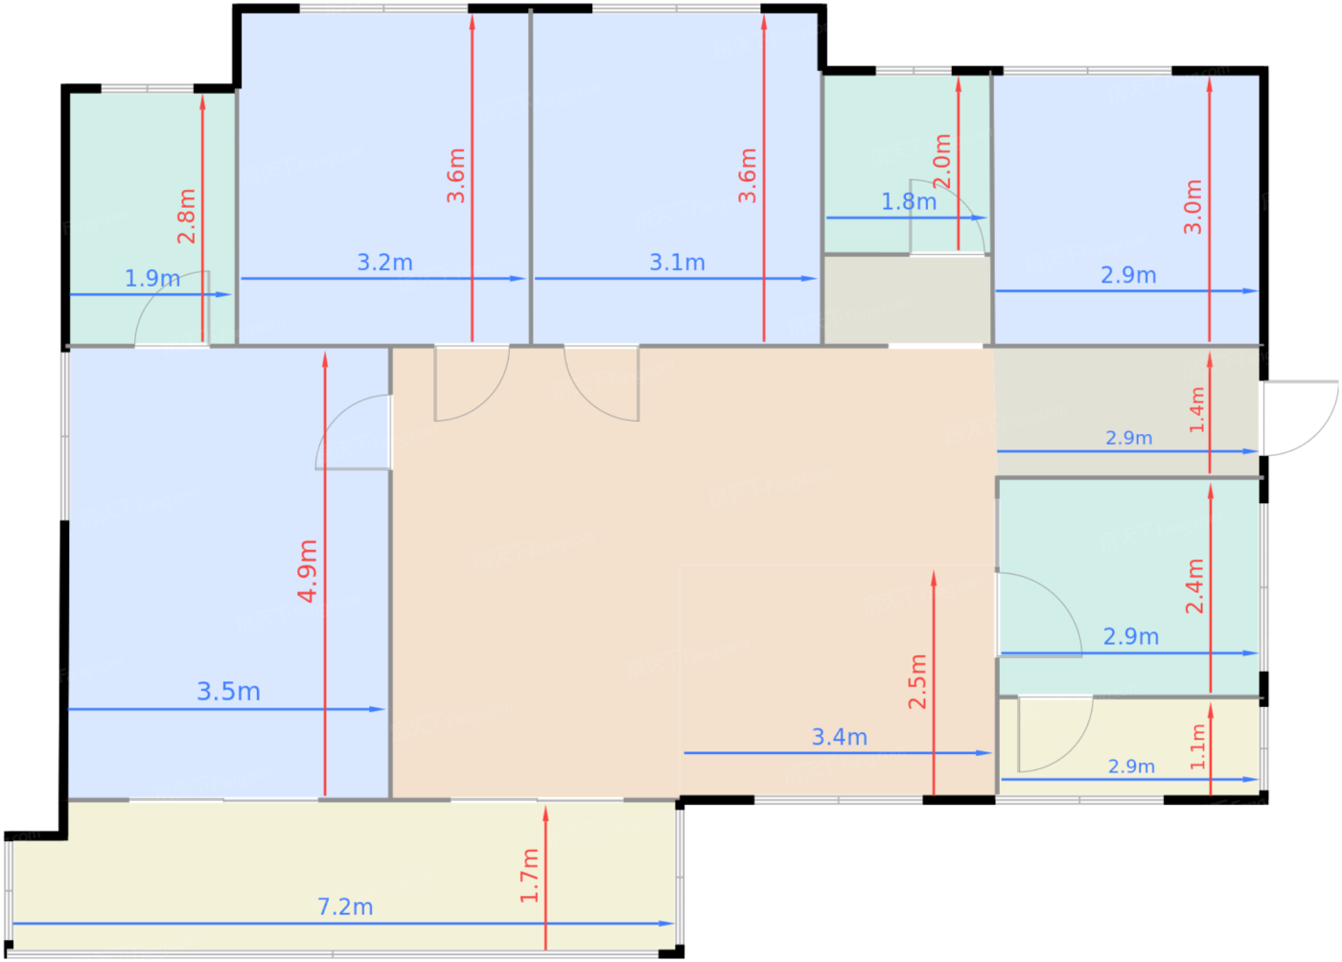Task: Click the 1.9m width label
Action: [x=152, y=279]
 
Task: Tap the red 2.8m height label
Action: [x=187, y=217]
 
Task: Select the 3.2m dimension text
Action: [x=384, y=263]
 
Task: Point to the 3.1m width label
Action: [x=677, y=263]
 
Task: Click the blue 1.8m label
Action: [x=909, y=202]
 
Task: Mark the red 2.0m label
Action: [x=942, y=161]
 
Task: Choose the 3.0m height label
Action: [x=1192, y=207]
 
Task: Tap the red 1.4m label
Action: [x=1197, y=410]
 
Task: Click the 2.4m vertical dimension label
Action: [x=1194, y=585]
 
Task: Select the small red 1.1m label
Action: [x=1197, y=747]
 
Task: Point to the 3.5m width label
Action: [x=229, y=692]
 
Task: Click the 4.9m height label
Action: [x=308, y=571]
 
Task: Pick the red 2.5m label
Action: [x=918, y=681]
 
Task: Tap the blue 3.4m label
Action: [x=840, y=738]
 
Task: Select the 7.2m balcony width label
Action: [x=345, y=906]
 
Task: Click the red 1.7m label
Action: [x=529, y=876]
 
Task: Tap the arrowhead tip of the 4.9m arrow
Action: [x=325, y=353]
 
